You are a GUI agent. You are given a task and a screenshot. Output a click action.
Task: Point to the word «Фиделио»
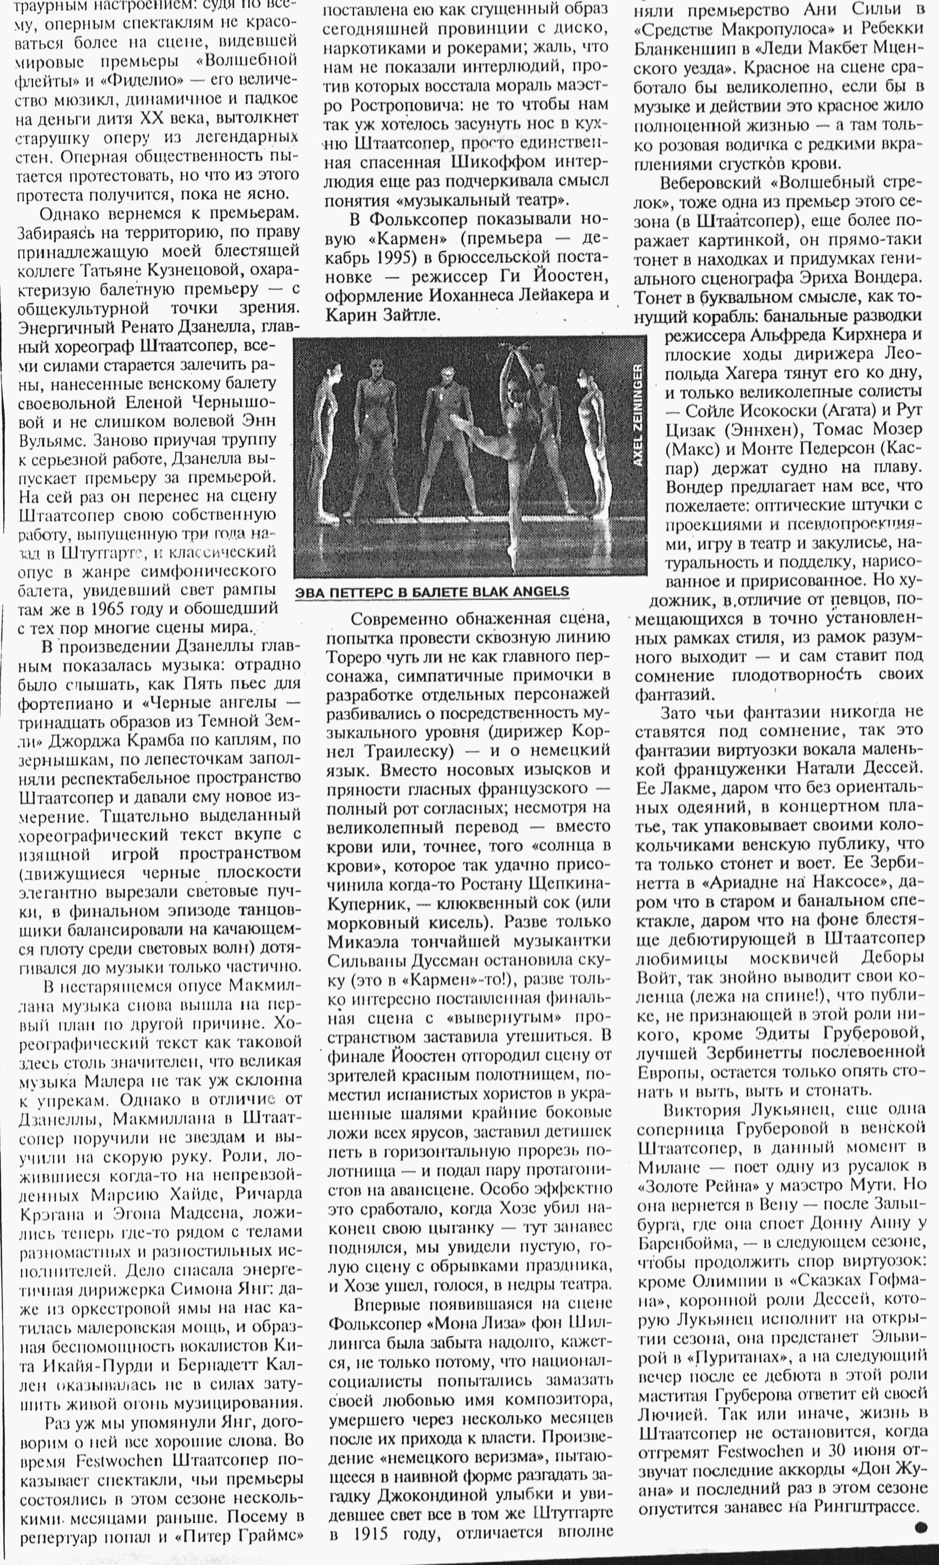point(150,80)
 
